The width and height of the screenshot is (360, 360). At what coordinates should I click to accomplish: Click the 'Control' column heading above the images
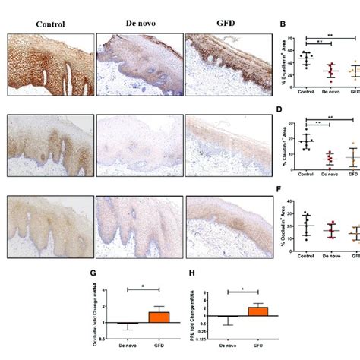click(49, 23)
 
